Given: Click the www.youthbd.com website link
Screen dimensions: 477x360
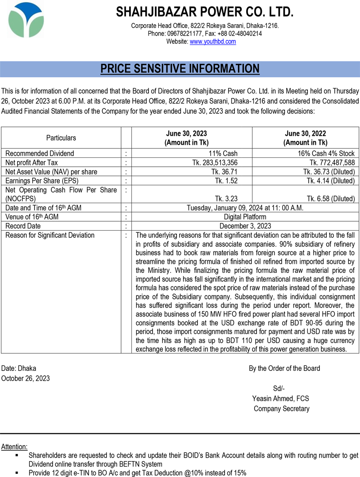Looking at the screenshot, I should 213,41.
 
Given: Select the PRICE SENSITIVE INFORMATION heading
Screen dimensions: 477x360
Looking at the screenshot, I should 180,69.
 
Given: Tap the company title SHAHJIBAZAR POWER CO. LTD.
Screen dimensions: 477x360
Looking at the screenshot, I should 205,12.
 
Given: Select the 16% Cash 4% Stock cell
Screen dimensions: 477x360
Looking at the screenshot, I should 326,153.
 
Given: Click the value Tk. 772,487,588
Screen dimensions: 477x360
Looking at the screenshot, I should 332,162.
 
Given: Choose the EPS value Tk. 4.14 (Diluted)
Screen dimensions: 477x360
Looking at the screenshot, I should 331,181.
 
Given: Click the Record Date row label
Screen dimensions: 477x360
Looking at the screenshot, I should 23,226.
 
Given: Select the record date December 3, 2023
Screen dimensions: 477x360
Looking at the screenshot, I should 245,226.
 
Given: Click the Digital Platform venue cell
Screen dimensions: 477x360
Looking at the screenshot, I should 245,217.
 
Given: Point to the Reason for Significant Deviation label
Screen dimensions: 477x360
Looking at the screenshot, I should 50,235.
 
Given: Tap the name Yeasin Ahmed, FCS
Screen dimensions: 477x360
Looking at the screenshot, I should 281,399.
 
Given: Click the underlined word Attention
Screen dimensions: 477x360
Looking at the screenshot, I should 14,447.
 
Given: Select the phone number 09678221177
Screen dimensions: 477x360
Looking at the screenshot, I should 184,34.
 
